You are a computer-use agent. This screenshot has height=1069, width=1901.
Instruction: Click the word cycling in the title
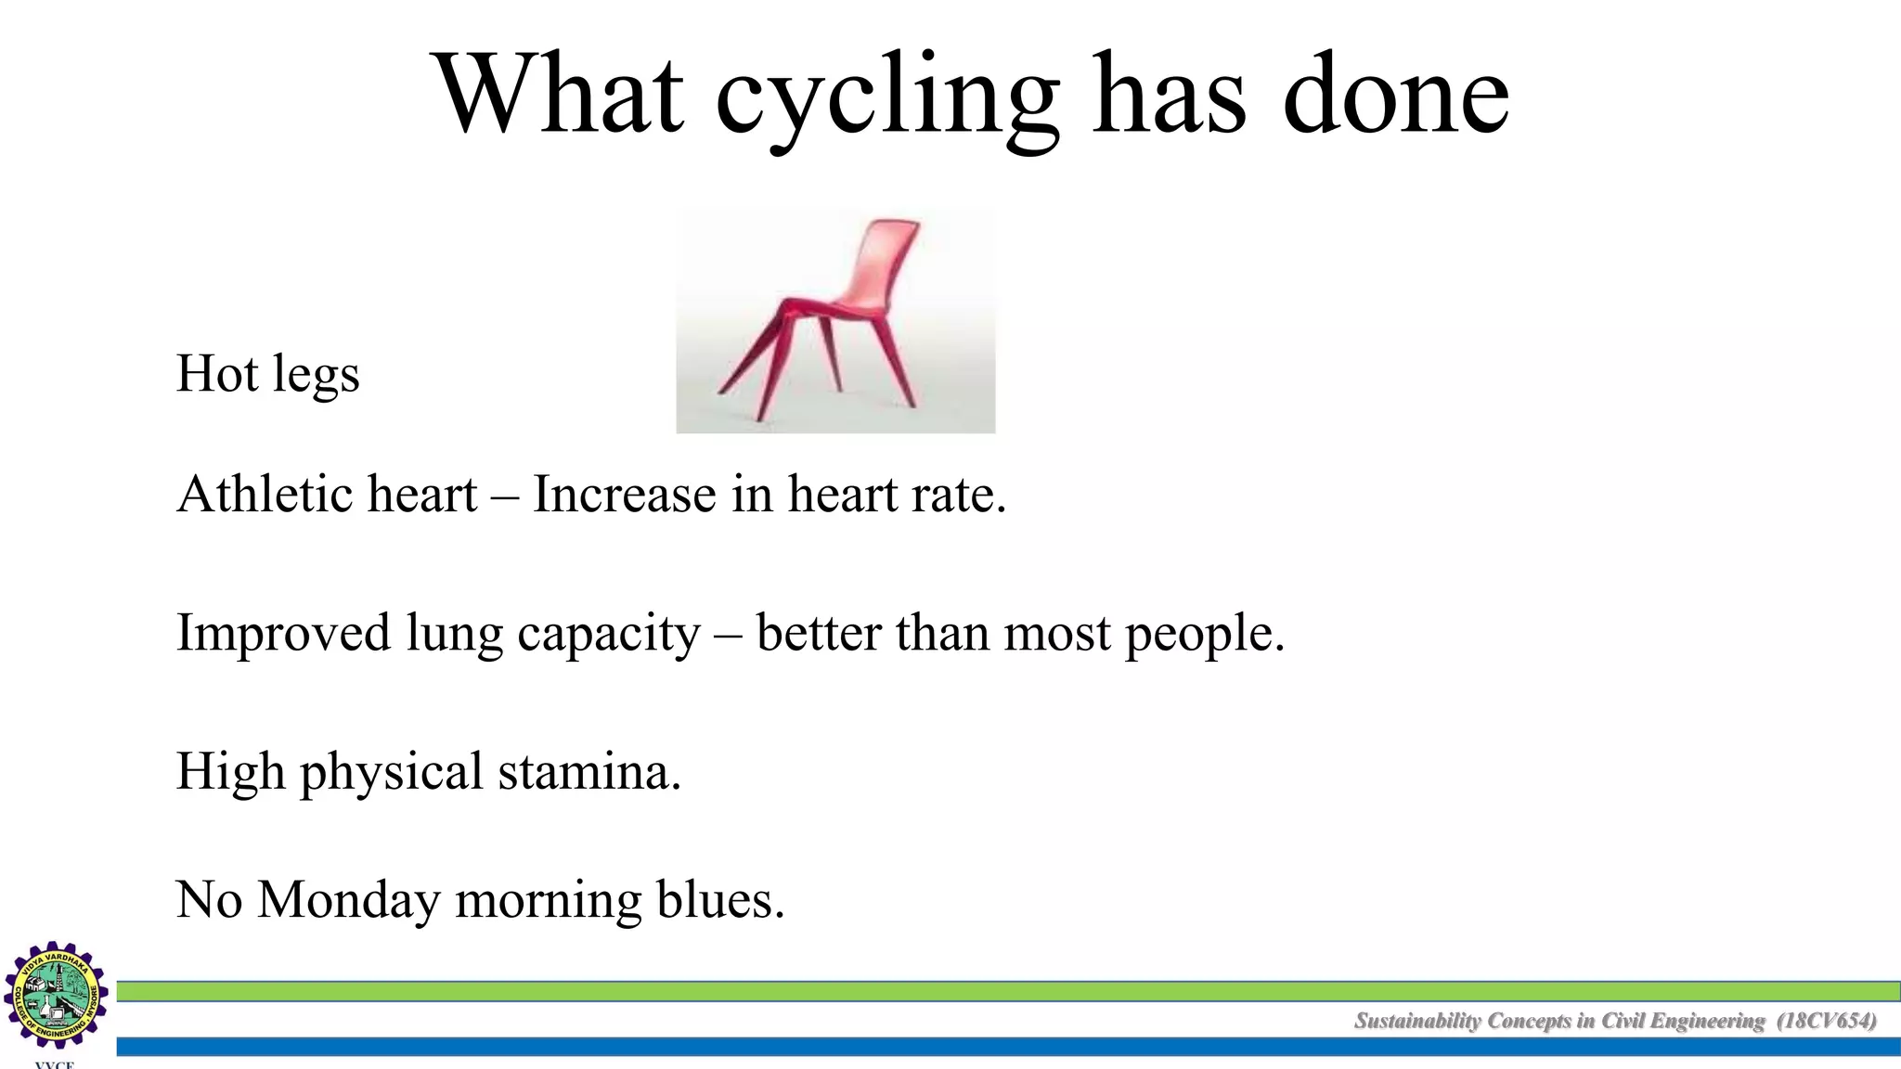[x=886, y=97]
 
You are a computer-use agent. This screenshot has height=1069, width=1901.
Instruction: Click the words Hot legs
[x=267, y=374]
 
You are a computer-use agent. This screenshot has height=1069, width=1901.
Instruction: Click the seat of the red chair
[x=826, y=307]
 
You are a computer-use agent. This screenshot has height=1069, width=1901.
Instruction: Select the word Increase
[x=624, y=494]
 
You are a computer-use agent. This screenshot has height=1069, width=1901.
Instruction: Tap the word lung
[x=454, y=634]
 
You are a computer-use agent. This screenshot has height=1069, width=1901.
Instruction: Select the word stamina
[x=588, y=772]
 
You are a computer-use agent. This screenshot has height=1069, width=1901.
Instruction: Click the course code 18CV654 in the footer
[x=1826, y=1021]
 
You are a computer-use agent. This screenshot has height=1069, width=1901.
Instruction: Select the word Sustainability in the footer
[x=1417, y=1021]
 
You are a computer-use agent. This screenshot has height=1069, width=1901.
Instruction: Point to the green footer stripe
[x=928, y=991]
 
